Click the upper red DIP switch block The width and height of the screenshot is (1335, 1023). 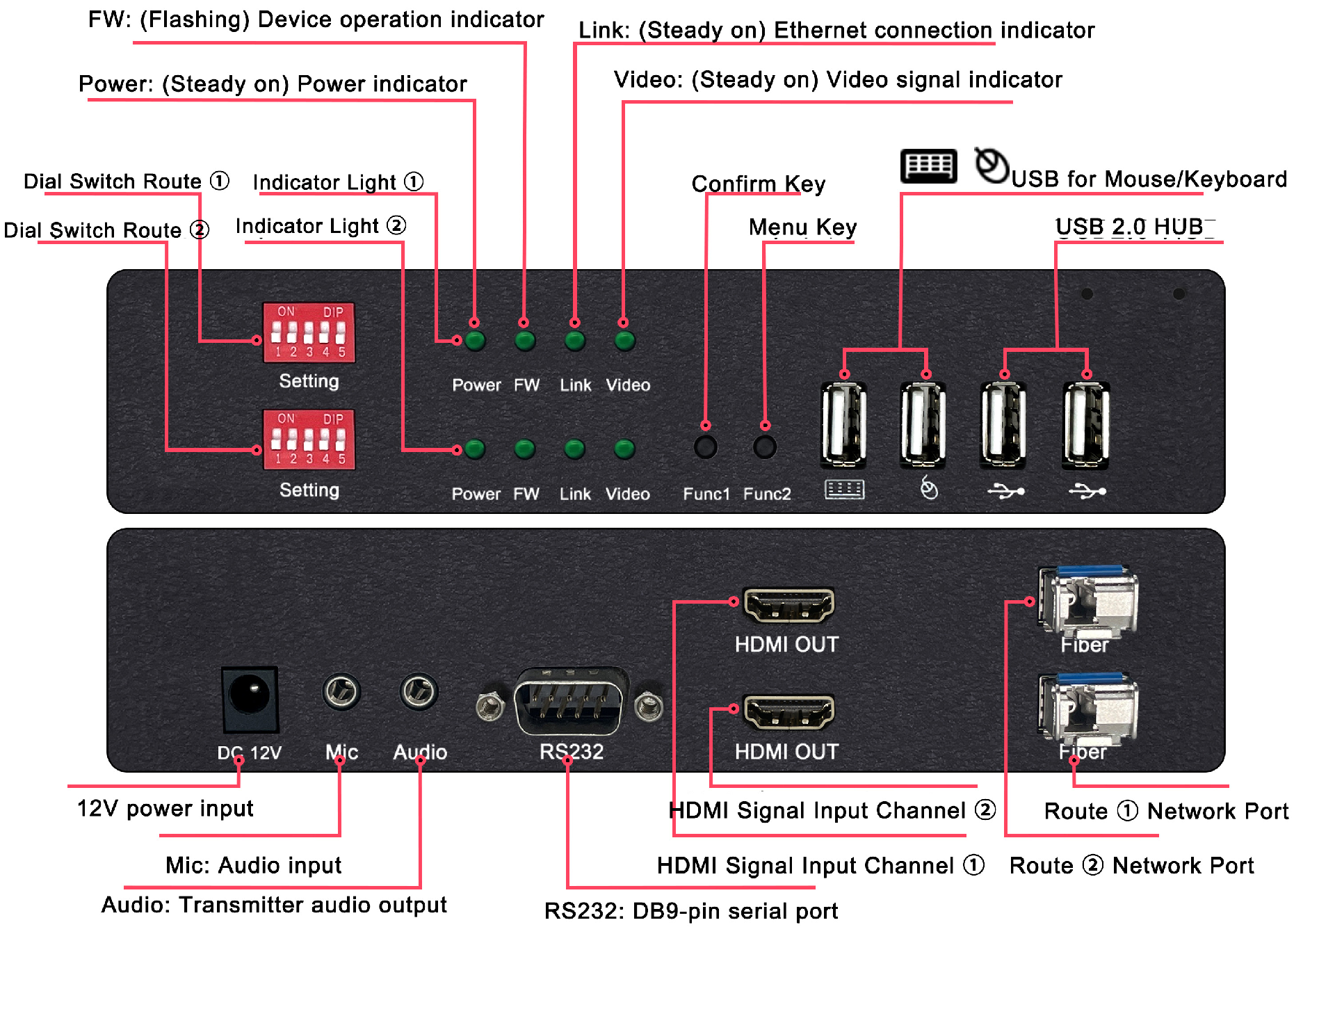tap(309, 332)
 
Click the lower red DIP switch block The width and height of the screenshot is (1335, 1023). tap(309, 440)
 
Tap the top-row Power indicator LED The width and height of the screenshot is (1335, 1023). tap(476, 341)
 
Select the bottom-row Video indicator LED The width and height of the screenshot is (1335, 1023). tap(624, 449)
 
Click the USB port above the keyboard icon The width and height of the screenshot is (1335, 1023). tap(843, 424)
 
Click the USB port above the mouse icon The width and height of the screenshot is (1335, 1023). tap(923, 424)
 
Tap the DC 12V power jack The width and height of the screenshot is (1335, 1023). tap(250, 699)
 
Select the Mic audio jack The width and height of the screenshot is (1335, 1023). tap(341, 691)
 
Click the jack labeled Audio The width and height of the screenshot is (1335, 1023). tap(419, 691)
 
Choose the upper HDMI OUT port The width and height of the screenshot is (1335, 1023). tap(788, 605)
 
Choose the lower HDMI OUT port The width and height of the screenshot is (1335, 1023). tap(788, 712)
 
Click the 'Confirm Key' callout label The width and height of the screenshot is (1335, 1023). tap(759, 184)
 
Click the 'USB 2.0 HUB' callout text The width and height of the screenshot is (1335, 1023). tap(1135, 227)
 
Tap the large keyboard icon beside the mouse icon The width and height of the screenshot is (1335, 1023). tap(929, 166)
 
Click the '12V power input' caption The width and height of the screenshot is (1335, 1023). tap(165, 808)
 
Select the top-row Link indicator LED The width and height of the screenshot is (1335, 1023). tap(575, 341)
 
